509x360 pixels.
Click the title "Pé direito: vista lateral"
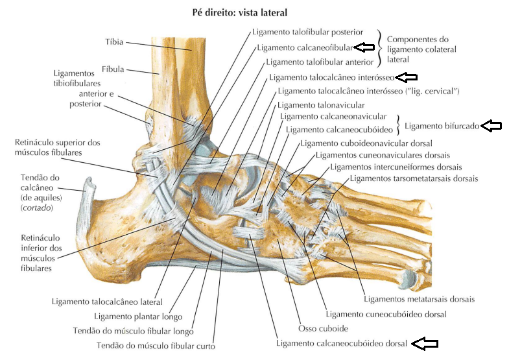click(x=240, y=12)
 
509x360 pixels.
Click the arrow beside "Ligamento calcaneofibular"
click(x=365, y=47)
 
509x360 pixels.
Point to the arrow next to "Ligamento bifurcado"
click(x=491, y=126)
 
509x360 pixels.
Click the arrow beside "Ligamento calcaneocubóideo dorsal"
click(x=426, y=342)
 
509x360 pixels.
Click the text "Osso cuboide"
click(x=323, y=328)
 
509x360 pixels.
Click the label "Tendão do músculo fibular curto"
click(x=156, y=345)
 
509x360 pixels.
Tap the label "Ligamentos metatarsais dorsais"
click(x=420, y=299)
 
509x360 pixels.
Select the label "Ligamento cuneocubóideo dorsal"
click(x=386, y=314)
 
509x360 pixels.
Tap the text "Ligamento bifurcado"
click(x=441, y=126)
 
